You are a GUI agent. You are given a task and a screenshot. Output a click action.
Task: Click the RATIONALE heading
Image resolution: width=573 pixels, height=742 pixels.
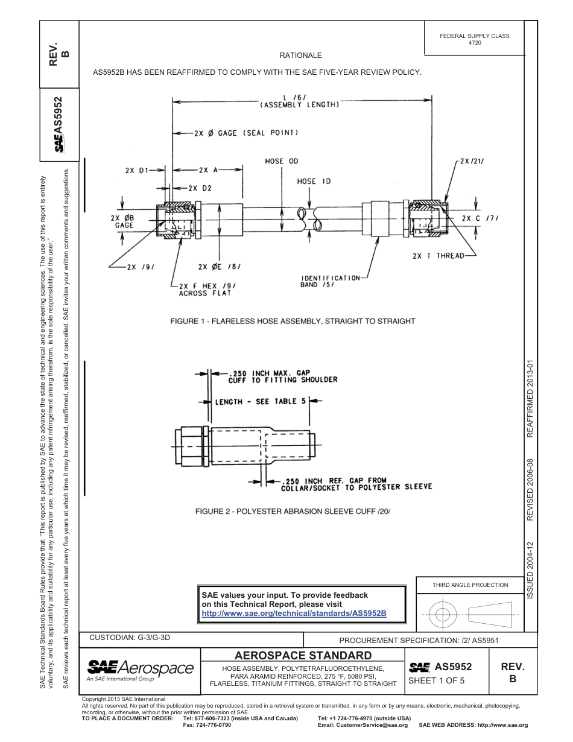(300, 55)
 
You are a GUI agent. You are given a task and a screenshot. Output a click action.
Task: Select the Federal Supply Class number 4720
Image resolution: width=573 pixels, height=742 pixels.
(475, 43)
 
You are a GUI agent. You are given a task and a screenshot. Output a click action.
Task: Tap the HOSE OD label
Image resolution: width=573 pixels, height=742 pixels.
(282, 161)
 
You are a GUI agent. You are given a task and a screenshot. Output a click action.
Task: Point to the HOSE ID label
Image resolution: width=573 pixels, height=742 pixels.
(314, 181)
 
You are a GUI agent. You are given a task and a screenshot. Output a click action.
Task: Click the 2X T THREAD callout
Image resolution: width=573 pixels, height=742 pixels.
(438, 256)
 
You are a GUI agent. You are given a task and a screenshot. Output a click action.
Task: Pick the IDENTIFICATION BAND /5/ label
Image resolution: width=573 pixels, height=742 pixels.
(331, 281)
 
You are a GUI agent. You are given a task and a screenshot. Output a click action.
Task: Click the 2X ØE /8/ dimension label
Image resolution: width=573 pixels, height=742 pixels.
(219, 266)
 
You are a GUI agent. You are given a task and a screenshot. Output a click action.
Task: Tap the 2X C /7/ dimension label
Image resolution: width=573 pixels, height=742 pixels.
(480, 218)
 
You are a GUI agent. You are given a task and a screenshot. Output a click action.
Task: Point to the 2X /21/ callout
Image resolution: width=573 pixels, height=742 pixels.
(472, 162)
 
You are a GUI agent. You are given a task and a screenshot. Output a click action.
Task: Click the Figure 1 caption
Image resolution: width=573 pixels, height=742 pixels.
(293, 321)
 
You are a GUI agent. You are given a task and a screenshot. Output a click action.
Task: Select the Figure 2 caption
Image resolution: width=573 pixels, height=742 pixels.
(293, 512)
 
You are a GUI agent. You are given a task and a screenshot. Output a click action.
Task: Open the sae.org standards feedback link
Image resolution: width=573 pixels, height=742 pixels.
(293, 613)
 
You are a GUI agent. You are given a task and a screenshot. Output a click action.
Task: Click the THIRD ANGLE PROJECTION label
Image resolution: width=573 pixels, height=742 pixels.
(470, 585)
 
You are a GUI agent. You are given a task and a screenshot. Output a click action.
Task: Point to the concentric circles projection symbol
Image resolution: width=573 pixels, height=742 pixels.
(443, 614)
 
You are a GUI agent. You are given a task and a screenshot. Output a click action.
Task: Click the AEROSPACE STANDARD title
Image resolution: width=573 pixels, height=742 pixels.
(303, 656)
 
